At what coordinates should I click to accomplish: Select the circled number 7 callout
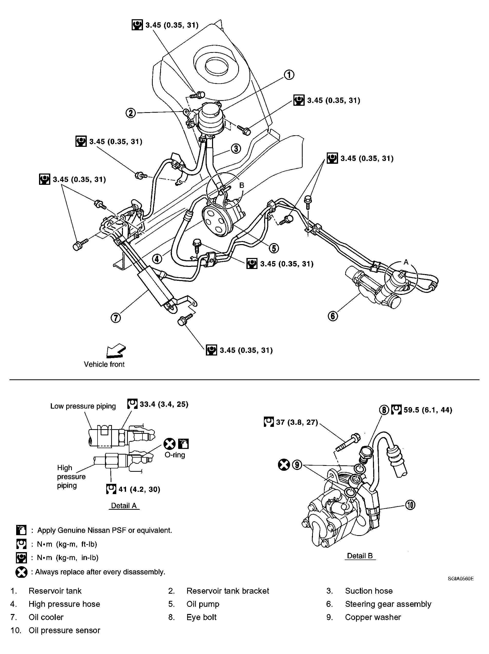click(x=116, y=318)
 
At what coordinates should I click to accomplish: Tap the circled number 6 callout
click(x=333, y=316)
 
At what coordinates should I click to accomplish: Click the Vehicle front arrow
click(x=116, y=350)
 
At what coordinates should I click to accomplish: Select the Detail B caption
click(x=360, y=556)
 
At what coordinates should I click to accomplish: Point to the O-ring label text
click(x=175, y=455)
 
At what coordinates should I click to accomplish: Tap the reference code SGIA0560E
click(x=461, y=579)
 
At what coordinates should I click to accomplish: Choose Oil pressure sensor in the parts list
click(x=64, y=630)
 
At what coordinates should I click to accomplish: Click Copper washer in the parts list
click(x=372, y=617)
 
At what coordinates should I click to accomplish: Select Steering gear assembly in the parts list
click(x=388, y=604)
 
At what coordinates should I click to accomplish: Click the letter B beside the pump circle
click(x=242, y=185)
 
